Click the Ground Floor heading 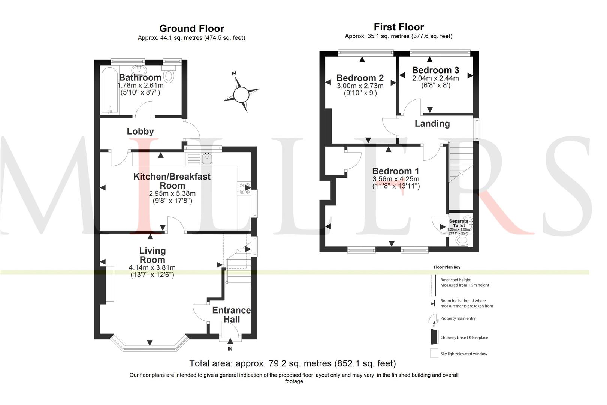[191, 28]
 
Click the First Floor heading [399, 27]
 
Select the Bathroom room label [140, 77]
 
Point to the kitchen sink [208, 159]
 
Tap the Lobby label [141, 132]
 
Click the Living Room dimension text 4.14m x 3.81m [152, 267]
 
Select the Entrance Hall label [231, 315]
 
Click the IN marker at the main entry [230, 349]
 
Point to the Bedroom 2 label [360, 78]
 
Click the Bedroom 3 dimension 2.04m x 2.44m [435, 78]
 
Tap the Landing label [432, 124]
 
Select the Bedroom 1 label [396, 171]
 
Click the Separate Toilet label [459, 223]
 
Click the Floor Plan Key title [447, 267]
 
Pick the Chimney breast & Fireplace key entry [464, 337]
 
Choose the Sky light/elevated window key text [463, 354]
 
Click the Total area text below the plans [292, 363]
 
